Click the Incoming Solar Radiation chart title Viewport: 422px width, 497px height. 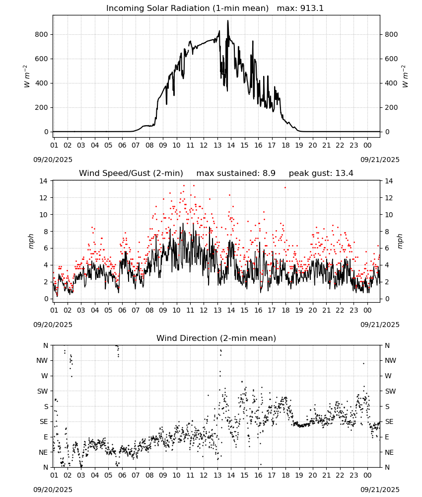point(187,8)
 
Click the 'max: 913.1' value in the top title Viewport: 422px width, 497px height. point(300,8)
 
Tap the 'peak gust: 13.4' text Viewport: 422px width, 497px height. point(321,173)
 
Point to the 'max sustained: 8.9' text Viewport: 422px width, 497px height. point(236,173)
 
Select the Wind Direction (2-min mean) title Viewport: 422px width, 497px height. point(216,338)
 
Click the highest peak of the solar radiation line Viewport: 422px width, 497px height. point(227,20)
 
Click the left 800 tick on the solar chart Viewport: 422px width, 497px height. point(42,35)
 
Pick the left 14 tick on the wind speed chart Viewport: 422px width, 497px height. point(44,181)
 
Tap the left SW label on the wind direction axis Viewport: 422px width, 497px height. point(43,391)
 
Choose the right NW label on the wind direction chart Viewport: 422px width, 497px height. point(390,360)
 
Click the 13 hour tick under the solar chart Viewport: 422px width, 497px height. point(217,145)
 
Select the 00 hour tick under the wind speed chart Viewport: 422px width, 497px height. point(367,310)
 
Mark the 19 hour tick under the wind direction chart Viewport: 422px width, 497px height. point(299,475)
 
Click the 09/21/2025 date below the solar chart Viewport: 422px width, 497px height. point(380,160)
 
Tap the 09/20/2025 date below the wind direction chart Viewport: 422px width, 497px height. point(53,490)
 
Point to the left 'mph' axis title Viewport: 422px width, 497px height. point(31,241)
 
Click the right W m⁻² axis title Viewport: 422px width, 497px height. point(405,76)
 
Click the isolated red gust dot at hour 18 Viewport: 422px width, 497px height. point(285,188)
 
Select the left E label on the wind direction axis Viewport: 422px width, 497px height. point(46,437)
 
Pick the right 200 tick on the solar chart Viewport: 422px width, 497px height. point(391,107)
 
